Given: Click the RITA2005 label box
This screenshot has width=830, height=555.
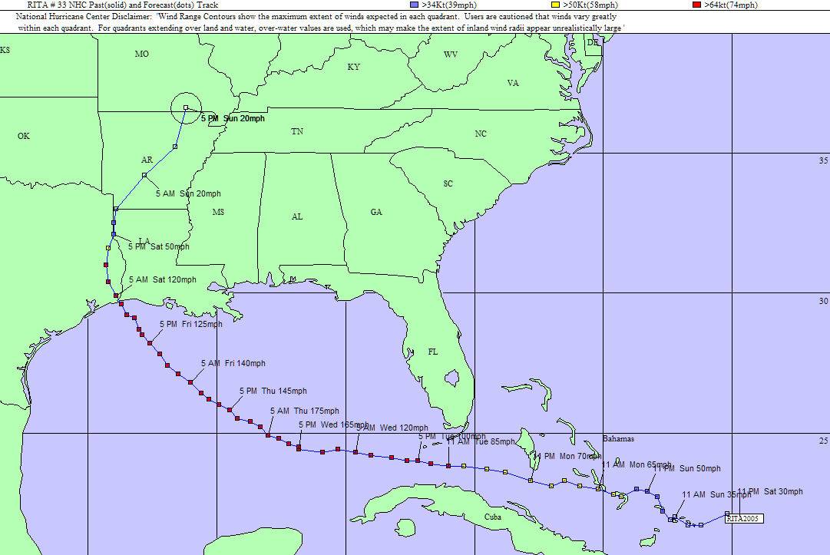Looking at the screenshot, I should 743,519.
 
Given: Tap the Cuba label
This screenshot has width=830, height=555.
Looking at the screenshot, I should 493,517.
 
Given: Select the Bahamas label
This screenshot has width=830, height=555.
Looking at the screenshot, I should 618,439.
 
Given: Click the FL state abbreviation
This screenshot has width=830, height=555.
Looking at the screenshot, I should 433,352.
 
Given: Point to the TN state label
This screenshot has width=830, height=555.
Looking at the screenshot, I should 297,132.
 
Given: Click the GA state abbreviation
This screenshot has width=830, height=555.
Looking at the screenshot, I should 376,212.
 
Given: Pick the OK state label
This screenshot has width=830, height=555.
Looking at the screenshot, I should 24,136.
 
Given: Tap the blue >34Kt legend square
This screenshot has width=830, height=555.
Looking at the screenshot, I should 415,5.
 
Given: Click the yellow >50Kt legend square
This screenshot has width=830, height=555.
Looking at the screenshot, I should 556,5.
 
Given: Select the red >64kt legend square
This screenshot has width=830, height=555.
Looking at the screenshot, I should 696,5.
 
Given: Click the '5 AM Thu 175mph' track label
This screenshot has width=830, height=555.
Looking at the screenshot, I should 304,411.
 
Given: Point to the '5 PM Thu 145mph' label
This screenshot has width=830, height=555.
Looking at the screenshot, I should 273,391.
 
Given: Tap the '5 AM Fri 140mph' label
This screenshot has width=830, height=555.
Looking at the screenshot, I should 233,363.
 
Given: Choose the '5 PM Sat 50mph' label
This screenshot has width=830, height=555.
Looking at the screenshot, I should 158,246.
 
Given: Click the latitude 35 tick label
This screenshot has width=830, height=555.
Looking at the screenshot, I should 824,161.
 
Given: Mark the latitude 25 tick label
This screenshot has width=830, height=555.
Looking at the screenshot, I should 824,441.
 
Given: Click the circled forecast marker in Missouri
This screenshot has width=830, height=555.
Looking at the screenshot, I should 186,107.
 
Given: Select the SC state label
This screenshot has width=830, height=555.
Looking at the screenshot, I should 448,184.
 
